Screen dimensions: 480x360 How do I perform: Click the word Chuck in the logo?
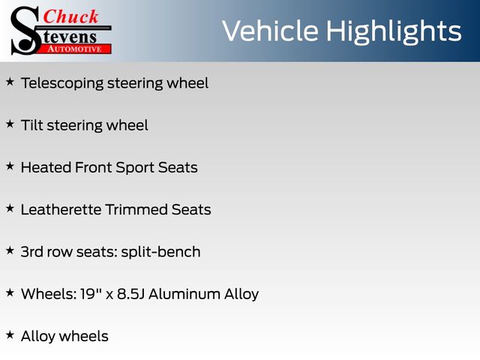(x=70, y=16)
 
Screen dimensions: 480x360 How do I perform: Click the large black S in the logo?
(x=25, y=31)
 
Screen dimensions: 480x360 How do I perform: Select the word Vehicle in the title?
(x=270, y=31)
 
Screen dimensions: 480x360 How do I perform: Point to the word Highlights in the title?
(x=393, y=32)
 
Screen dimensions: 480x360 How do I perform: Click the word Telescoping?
(x=62, y=83)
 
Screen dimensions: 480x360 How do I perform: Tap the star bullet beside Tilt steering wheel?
(x=10, y=124)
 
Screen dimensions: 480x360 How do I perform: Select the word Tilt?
(x=31, y=125)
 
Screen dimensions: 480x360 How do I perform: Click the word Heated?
(x=46, y=167)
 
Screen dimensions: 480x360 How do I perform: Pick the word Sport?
(x=135, y=168)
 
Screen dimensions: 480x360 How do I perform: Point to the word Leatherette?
(x=61, y=210)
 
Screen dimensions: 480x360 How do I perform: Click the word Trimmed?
(x=136, y=210)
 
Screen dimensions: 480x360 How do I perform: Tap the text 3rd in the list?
(x=32, y=252)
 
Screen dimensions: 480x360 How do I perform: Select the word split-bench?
(x=161, y=252)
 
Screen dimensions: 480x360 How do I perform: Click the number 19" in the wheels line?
(x=91, y=293)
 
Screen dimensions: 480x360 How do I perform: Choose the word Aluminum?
(x=185, y=294)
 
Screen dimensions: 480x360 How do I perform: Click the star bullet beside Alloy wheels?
(x=10, y=335)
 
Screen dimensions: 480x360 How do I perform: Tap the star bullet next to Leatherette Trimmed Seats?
(x=10, y=208)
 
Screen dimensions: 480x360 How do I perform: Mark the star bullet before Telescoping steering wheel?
(x=10, y=82)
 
